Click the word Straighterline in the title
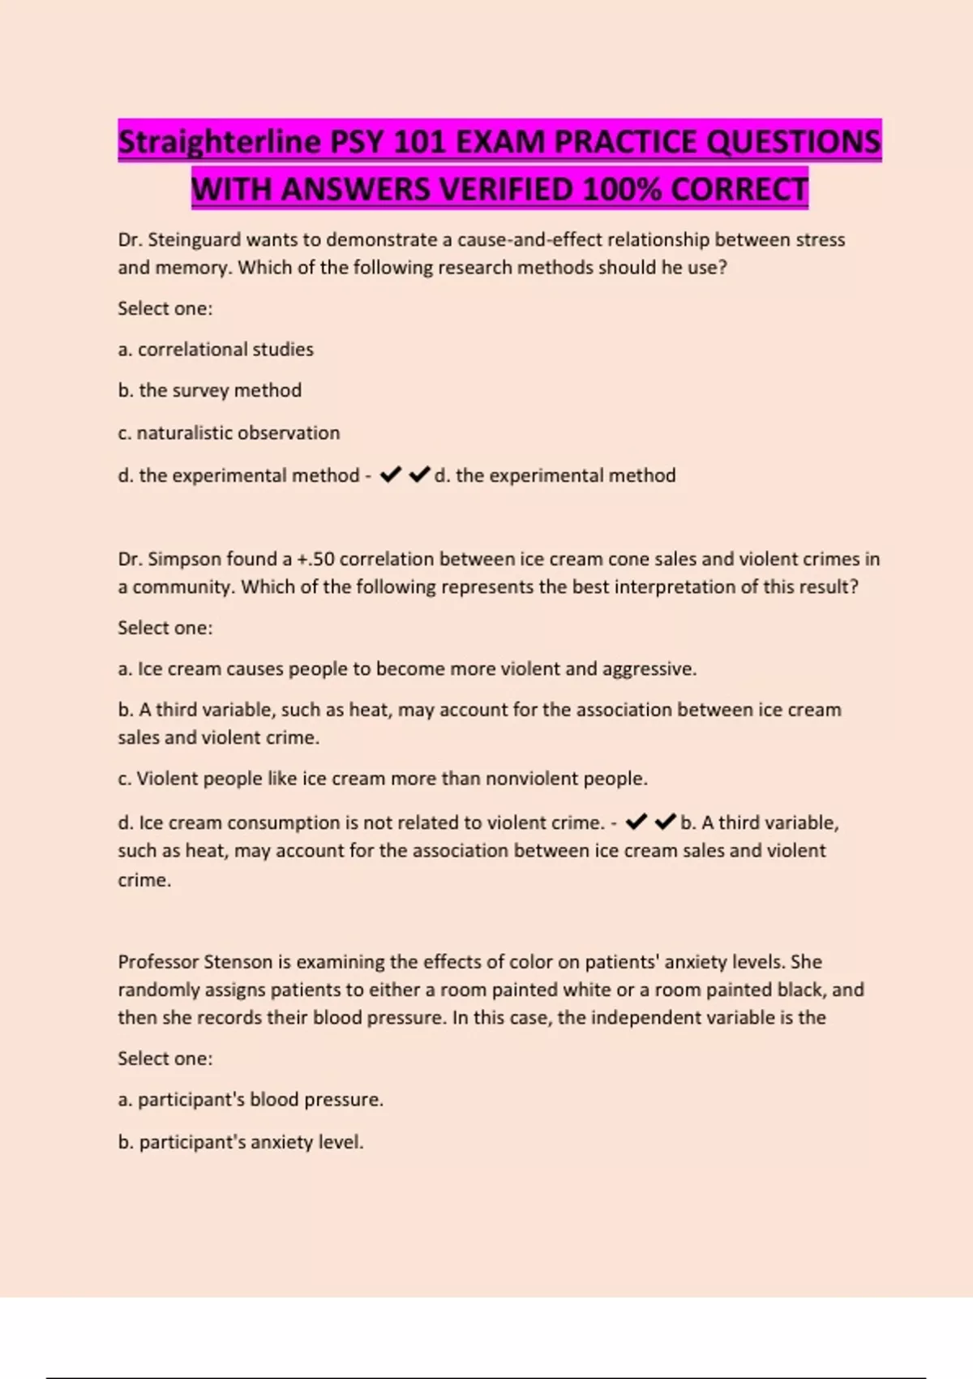pos(220,143)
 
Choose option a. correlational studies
pos(216,350)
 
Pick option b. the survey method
pos(210,391)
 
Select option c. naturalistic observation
pos(229,433)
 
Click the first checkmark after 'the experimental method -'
pos(391,475)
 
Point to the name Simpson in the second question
pos(184,560)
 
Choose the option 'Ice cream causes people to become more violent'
pos(407,669)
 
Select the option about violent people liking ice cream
pos(383,779)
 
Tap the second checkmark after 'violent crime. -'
pos(665,823)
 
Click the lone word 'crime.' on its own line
pos(144,880)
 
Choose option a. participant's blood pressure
pos(251,1100)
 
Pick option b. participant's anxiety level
pos(241,1142)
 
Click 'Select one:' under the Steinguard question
pos(165,309)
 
